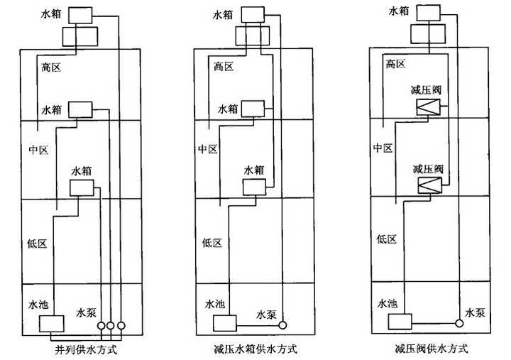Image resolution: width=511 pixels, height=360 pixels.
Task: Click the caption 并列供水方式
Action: coord(86,349)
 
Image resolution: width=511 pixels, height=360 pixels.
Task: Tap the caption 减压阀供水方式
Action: coord(432,349)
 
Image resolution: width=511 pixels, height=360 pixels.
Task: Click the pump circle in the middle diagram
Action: coord(283,326)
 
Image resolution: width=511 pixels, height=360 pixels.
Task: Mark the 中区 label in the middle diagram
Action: coord(207,148)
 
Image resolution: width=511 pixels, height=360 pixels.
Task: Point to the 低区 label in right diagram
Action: coord(386,239)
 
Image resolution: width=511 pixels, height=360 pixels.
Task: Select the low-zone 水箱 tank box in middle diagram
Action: coord(254,187)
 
